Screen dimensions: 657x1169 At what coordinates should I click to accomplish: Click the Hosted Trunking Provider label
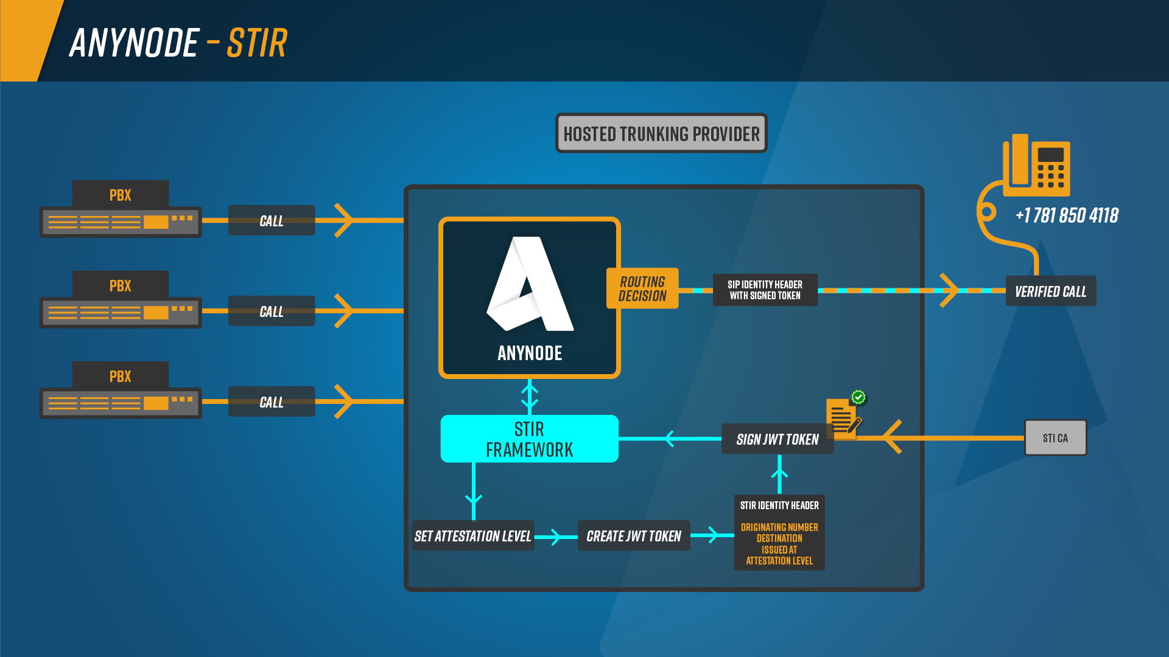661,133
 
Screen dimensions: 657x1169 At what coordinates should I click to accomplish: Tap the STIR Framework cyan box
529,439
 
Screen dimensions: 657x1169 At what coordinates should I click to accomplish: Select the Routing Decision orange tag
642,288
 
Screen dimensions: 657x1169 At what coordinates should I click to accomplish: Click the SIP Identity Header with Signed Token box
765,290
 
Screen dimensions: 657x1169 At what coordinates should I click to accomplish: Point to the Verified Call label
1050,291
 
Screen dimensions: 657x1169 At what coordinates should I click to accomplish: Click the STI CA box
1055,438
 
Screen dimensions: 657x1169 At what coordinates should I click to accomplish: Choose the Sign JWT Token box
777,439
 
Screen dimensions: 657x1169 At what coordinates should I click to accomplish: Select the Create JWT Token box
633,536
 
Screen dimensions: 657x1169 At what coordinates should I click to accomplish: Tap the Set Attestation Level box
472,536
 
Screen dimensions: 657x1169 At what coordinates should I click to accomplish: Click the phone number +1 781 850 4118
1067,215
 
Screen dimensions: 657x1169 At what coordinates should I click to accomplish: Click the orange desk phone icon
1036,165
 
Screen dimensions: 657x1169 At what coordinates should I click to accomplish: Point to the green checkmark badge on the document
858,397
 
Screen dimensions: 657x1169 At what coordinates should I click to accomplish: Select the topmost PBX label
120,195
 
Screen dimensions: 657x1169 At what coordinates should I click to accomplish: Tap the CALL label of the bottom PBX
272,402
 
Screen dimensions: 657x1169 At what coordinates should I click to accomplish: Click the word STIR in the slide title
256,43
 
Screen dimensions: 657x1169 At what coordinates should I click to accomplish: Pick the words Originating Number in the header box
779,527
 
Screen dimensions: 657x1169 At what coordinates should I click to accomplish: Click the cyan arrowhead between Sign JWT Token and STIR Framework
670,439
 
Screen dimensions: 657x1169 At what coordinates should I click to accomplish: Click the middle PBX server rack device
120,313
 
